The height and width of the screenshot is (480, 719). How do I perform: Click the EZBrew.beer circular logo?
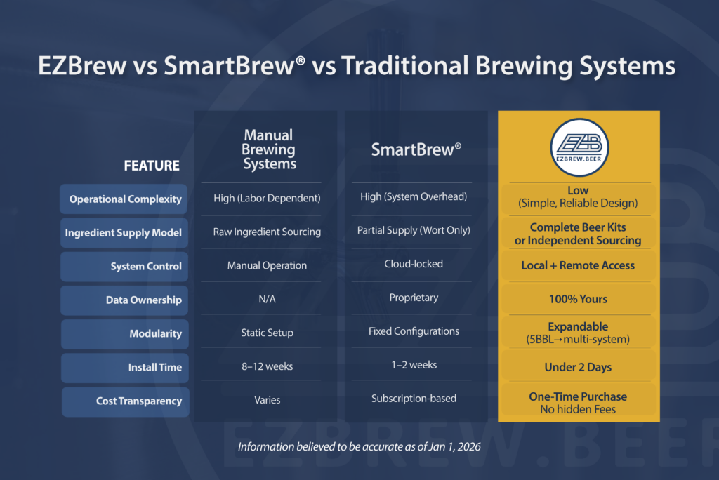[579, 147]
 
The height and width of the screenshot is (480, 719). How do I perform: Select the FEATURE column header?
[152, 166]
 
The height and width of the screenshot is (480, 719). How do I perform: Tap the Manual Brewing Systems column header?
[269, 149]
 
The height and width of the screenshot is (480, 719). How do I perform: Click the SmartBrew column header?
[416, 149]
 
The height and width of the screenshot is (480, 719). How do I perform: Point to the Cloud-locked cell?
[414, 264]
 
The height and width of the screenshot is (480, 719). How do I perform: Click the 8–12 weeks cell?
[268, 366]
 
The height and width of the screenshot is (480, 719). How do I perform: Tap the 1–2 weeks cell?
[414, 365]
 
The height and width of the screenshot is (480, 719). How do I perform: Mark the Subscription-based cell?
[414, 399]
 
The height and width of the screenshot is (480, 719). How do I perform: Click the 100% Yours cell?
[579, 300]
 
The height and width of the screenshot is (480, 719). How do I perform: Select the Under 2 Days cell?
[579, 367]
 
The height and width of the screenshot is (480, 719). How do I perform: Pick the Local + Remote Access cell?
[579, 265]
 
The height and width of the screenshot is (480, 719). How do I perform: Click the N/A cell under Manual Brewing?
[268, 300]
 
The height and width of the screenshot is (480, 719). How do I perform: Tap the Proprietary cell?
[414, 298]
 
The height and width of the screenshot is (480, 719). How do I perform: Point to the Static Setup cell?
[268, 333]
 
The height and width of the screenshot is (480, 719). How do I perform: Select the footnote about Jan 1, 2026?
[359, 446]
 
